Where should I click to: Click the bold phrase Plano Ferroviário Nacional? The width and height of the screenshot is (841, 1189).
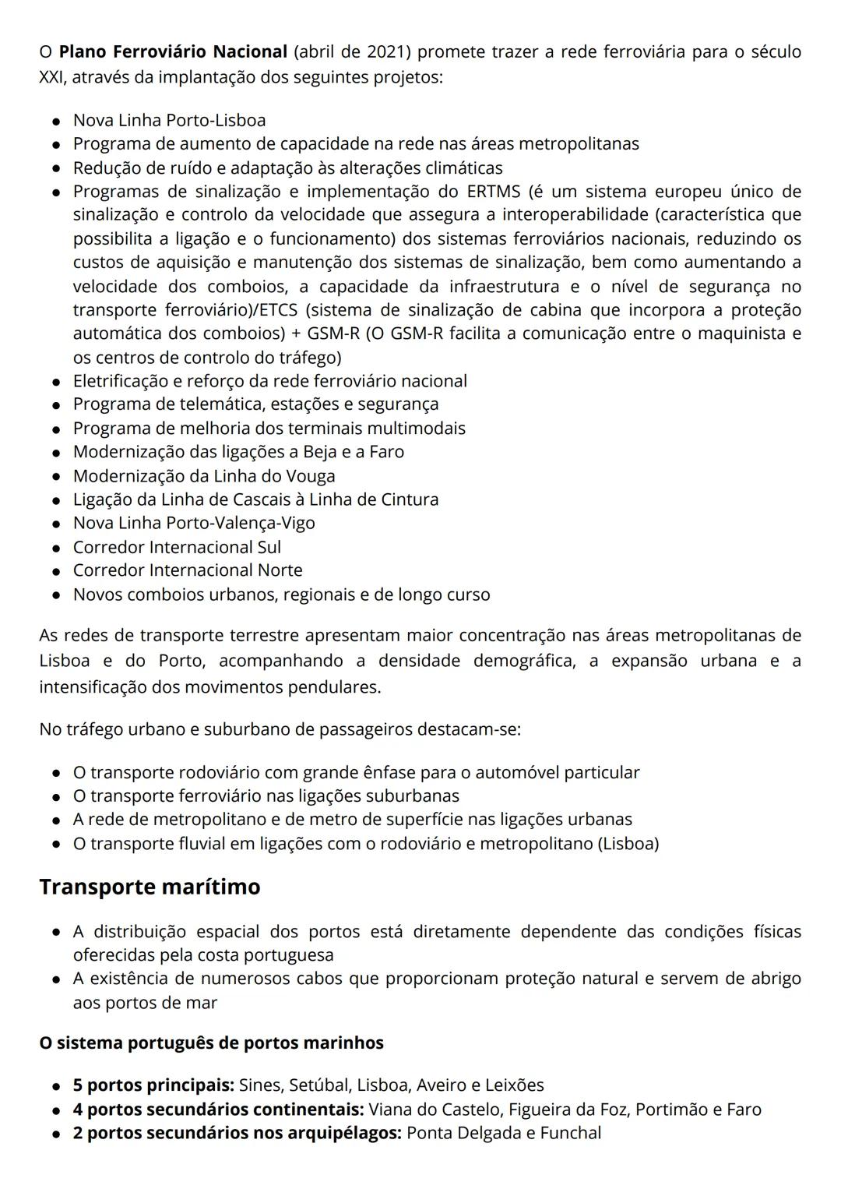(x=173, y=52)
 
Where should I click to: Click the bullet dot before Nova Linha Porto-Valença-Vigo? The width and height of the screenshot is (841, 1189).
(x=57, y=524)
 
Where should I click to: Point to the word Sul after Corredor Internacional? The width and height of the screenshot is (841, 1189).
(x=268, y=547)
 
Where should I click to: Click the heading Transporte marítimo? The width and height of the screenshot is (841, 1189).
(x=150, y=887)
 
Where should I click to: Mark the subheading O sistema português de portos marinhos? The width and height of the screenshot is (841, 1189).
(x=211, y=1043)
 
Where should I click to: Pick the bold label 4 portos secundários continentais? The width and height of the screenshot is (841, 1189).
(x=218, y=1109)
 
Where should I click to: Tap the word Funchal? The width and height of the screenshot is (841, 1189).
(x=569, y=1132)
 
